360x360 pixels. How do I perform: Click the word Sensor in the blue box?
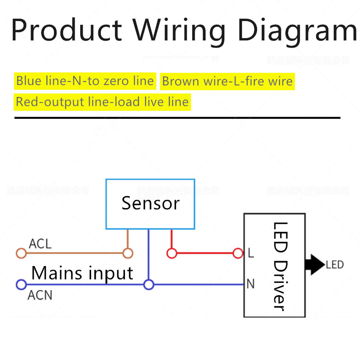150,203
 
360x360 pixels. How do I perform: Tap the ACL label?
40,244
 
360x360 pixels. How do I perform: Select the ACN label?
40,296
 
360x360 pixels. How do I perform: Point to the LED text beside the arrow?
335,265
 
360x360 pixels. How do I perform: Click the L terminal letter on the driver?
251,253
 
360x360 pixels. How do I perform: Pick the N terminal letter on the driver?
251,284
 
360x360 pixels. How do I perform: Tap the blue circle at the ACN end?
21,285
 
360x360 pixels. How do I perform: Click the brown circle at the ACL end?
21,253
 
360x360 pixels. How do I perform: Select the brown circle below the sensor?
128,253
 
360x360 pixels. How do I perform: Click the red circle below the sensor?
172,253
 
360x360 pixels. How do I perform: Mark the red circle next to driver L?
238,253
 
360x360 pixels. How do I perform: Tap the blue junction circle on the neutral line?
149,285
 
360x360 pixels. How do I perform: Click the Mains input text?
82,273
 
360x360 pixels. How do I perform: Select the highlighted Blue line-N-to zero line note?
85,81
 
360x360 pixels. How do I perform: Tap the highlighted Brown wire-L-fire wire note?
227,81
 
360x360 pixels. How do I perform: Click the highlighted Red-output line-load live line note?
102,102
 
